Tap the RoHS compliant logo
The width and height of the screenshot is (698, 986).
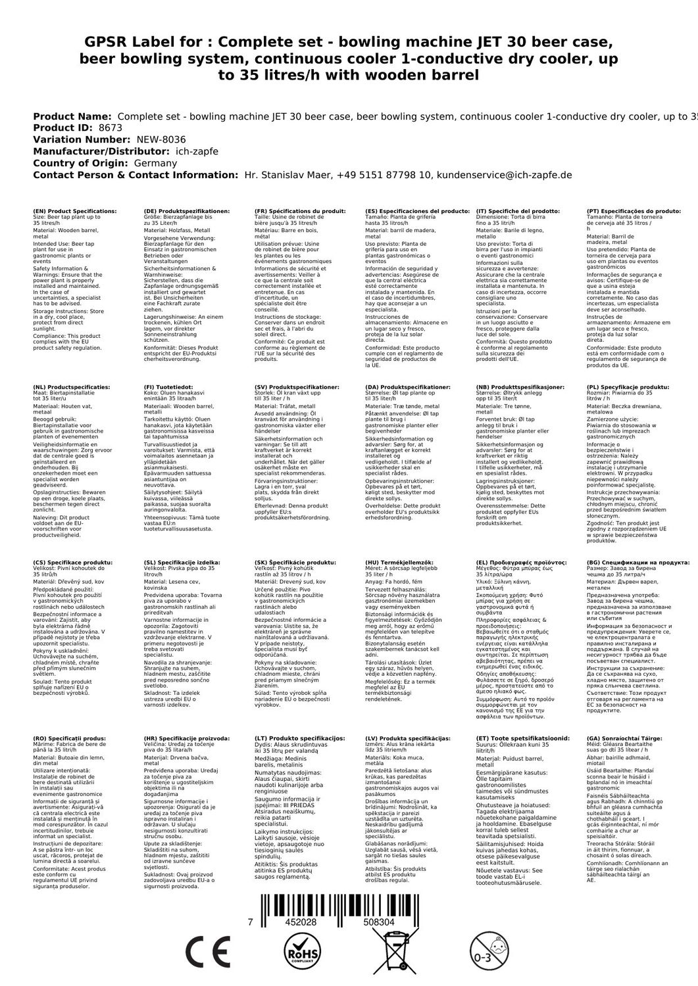pyautogui.click(x=303, y=951)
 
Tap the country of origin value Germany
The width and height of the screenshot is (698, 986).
pyautogui.click(x=155, y=164)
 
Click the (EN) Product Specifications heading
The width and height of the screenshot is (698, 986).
pyautogui.click(x=74, y=211)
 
